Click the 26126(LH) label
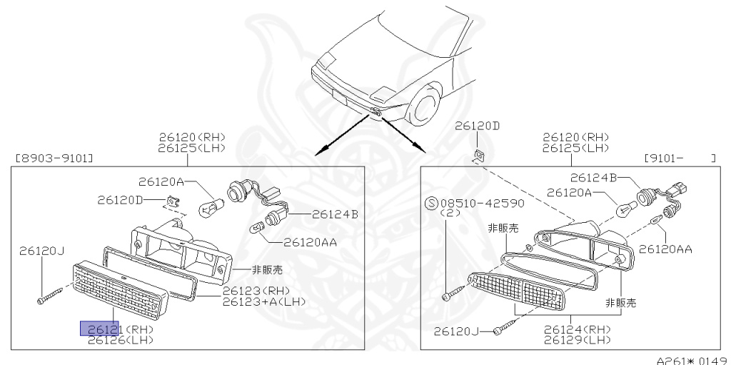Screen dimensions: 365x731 coord(121,340)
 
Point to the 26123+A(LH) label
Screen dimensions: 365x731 coord(264,301)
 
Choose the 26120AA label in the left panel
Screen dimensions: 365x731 coord(310,241)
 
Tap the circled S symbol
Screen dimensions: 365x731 coord(430,203)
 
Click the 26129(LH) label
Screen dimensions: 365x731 coord(577,340)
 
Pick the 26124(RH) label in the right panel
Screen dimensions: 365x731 coord(577,329)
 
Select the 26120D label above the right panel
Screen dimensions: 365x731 coord(478,126)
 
